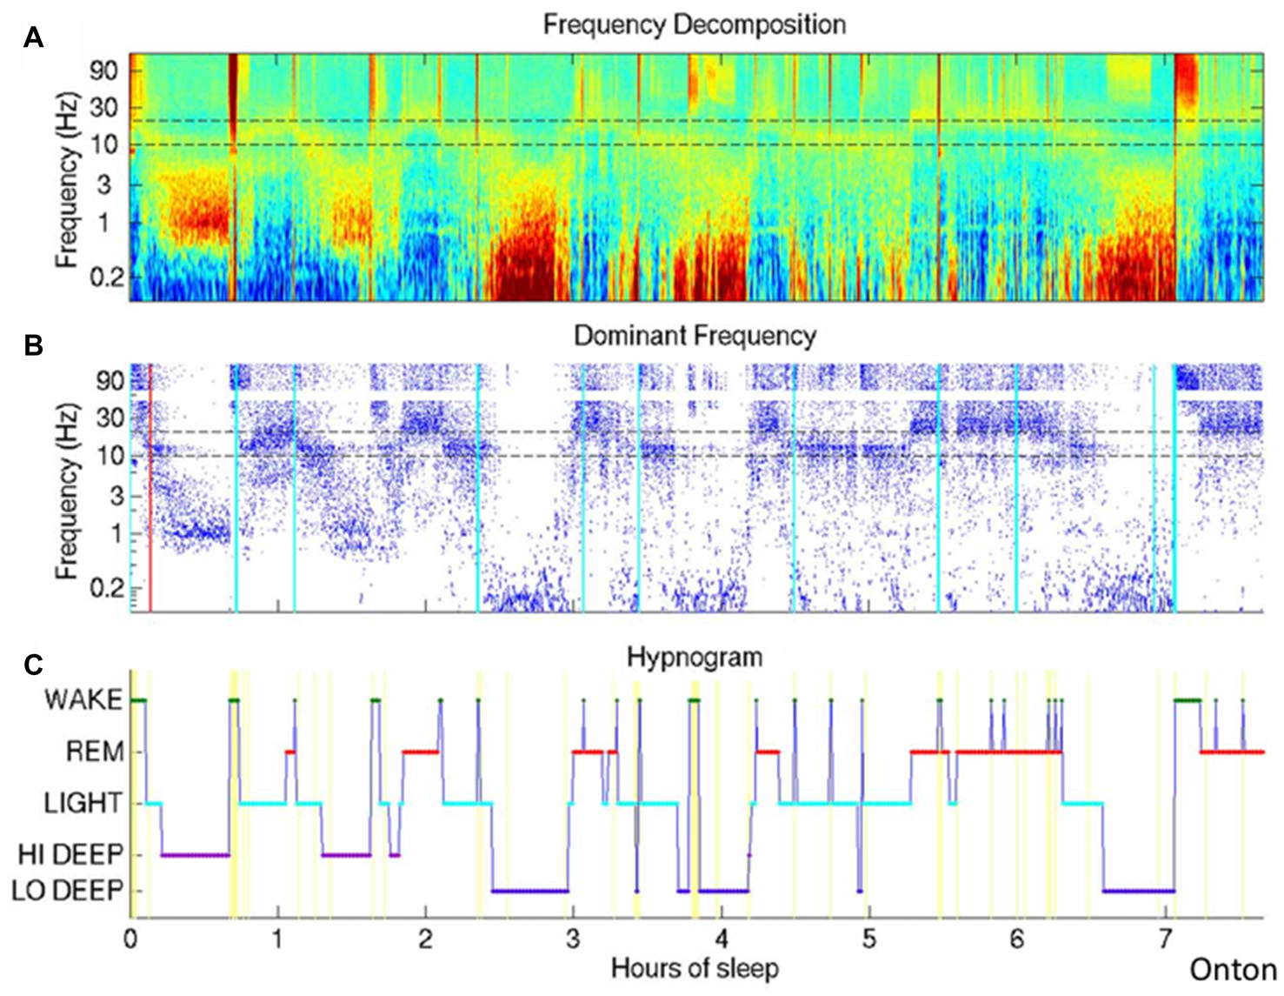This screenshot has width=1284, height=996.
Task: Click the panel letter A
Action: point(33,37)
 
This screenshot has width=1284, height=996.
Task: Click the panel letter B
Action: point(33,345)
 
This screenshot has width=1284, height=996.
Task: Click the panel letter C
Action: point(33,665)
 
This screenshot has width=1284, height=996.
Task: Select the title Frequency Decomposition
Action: point(694,23)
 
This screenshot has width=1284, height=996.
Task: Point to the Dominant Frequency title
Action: point(695,336)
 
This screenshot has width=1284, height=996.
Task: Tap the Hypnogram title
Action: point(695,657)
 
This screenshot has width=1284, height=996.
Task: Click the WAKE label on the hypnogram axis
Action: point(83,700)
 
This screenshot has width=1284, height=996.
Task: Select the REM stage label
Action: point(95,752)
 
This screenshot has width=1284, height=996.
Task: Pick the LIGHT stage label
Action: point(83,803)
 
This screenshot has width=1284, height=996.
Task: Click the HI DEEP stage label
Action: point(71,854)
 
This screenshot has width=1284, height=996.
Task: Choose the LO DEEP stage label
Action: point(71,891)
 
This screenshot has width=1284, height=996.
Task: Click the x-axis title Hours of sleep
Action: point(695,967)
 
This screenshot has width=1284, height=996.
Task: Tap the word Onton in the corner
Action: point(1233,970)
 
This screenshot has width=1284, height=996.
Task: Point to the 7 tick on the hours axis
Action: point(1165,939)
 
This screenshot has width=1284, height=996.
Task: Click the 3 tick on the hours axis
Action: point(573,939)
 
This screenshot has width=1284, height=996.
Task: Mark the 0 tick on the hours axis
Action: point(130,939)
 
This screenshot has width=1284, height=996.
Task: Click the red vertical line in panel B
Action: point(150,487)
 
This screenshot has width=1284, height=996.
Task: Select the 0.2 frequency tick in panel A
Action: point(104,277)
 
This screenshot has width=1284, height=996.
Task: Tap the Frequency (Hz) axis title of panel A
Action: point(66,178)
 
